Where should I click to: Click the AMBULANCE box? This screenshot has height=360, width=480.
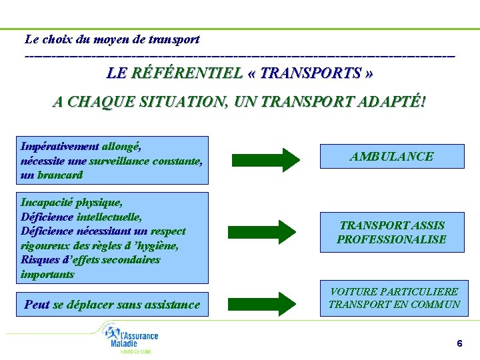392,156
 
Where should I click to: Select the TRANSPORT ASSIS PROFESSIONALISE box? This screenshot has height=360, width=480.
392,232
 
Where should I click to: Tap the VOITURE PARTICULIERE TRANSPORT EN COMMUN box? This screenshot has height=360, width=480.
394,298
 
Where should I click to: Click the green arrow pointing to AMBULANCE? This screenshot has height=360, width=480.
266,160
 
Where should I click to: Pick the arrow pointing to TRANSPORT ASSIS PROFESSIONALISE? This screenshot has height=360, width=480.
266,231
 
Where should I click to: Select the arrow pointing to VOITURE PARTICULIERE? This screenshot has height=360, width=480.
266,303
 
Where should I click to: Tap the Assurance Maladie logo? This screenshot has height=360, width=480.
133,338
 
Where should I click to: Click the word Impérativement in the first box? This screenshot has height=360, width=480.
60,146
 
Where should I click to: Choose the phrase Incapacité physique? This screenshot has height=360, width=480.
71,202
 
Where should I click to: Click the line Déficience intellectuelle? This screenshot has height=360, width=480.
81,217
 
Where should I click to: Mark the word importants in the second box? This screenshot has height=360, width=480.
47,275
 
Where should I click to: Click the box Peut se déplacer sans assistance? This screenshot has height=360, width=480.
112,305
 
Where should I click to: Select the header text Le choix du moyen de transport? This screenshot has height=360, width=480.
112,39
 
